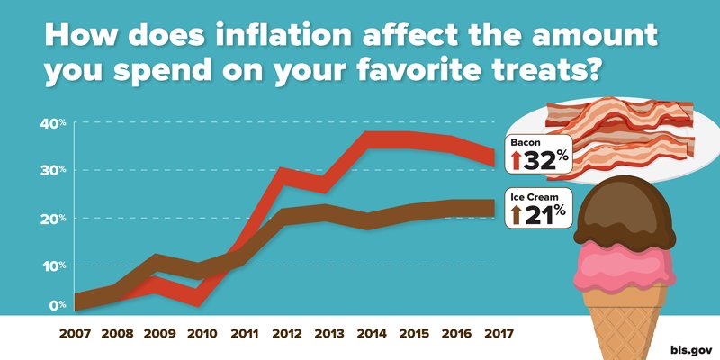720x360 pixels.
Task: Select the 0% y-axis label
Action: click(x=54, y=305)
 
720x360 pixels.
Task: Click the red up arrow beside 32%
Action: click(x=517, y=161)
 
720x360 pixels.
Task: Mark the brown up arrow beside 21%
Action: click(x=517, y=213)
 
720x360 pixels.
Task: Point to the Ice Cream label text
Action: click(x=537, y=194)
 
